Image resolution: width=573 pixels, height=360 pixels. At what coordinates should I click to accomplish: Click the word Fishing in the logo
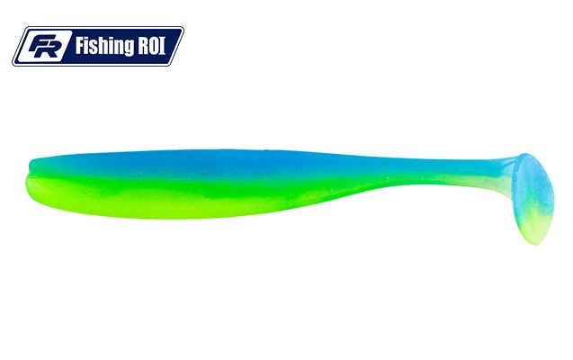pyautogui.click(x=103, y=46)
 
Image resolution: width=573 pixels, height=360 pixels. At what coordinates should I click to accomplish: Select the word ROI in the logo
pyautogui.click(x=151, y=46)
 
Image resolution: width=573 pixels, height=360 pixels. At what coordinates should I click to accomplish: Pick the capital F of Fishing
pyautogui.click(x=80, y=46)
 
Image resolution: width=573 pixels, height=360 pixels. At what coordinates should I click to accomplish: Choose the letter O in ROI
pyautogui.click(x=154, y=46)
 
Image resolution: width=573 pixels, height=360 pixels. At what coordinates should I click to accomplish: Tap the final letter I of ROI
pyautogui.click(x=163, y=46)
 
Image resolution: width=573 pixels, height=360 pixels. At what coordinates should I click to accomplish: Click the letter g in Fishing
pyautogui.click(x=127, y=49)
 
